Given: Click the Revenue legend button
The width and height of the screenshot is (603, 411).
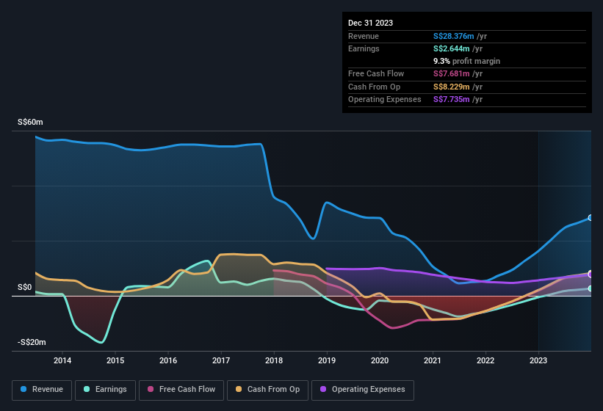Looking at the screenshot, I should point(42,390).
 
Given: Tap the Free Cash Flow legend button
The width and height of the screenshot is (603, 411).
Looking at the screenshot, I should point(181,390).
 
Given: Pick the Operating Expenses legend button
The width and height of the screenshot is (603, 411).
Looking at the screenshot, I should point(363,390).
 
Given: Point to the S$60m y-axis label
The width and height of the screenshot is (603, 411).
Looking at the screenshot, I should point(30,123).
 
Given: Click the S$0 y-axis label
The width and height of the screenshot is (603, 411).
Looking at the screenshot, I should point(25,287).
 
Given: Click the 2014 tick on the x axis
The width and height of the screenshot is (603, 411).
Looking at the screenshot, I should point(62,360).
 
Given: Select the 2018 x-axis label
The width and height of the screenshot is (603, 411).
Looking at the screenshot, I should point(274,360).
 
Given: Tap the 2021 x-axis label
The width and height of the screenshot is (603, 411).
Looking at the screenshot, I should point(433,360).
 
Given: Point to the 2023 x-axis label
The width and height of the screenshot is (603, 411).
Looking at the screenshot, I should point(538,360).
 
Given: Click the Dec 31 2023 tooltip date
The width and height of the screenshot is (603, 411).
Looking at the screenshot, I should point(370,23).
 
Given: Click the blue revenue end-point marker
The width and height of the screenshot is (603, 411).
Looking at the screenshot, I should point(591,218).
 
